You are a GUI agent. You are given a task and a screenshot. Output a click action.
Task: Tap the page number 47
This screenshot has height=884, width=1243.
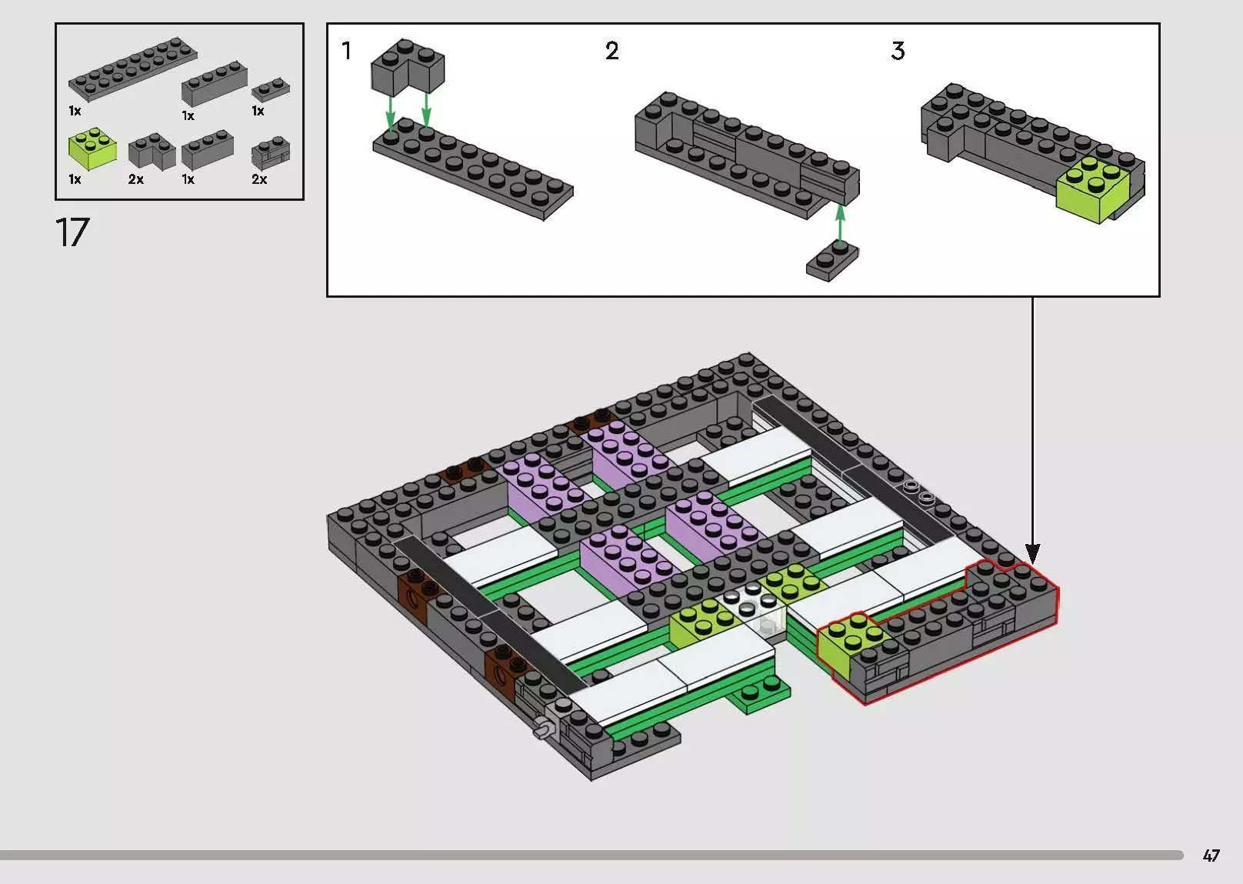tap(1211, 855)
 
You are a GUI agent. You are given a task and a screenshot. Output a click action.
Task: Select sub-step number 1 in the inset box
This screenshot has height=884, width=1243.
tap(347, 51)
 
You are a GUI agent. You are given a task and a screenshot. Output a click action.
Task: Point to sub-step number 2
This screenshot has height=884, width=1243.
tap(612, 51)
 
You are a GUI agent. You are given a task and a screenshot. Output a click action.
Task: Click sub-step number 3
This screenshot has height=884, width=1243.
tap(898, 51)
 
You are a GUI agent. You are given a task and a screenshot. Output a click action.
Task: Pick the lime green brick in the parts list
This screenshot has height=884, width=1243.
tap(92, 148)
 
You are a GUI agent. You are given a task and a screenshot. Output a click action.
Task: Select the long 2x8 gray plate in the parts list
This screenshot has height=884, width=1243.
tap(132, 68)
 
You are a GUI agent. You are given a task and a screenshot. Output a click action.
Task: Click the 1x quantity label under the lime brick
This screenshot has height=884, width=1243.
tap(75, 179)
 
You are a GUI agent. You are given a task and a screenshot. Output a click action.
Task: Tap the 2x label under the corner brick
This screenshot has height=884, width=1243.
tap(136, 179)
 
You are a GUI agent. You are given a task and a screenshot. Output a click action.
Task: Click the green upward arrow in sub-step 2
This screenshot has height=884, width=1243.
tap(840, 224)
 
